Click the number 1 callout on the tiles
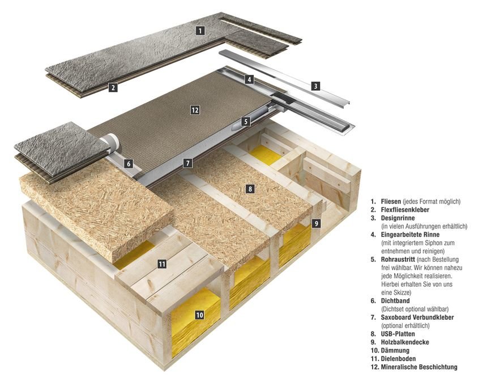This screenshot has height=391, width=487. pyautogui.click(x=200, y=30)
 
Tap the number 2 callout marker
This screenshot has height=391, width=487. pyautogui.click(x=113, y=87)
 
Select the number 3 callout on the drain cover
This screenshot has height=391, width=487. pyautogui.click(x=315, y=86)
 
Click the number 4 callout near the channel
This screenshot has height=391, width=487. pyautogui.click(x=249, y=79)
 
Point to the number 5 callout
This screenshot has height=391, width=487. pyautogui.click(x=245, y=121)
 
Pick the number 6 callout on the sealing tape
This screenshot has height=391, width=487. pyautogui.click(x=129, y=164)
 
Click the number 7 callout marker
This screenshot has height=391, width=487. pyautogui.click(x=188, y=163)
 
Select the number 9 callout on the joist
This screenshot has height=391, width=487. pyautogui.click(x=317, y=223)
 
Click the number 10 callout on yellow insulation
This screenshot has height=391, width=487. pyautogui.click(x=199, y=314)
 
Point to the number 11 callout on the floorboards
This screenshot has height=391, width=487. pyautogui.click(x=162, y=263)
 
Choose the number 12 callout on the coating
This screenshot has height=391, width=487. pyautogui.click(x=195, y=110)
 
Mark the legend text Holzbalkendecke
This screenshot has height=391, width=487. pyautogui.click(x=405, y=342)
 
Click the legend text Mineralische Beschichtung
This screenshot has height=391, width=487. pyautogui.click(x=418, y=367)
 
